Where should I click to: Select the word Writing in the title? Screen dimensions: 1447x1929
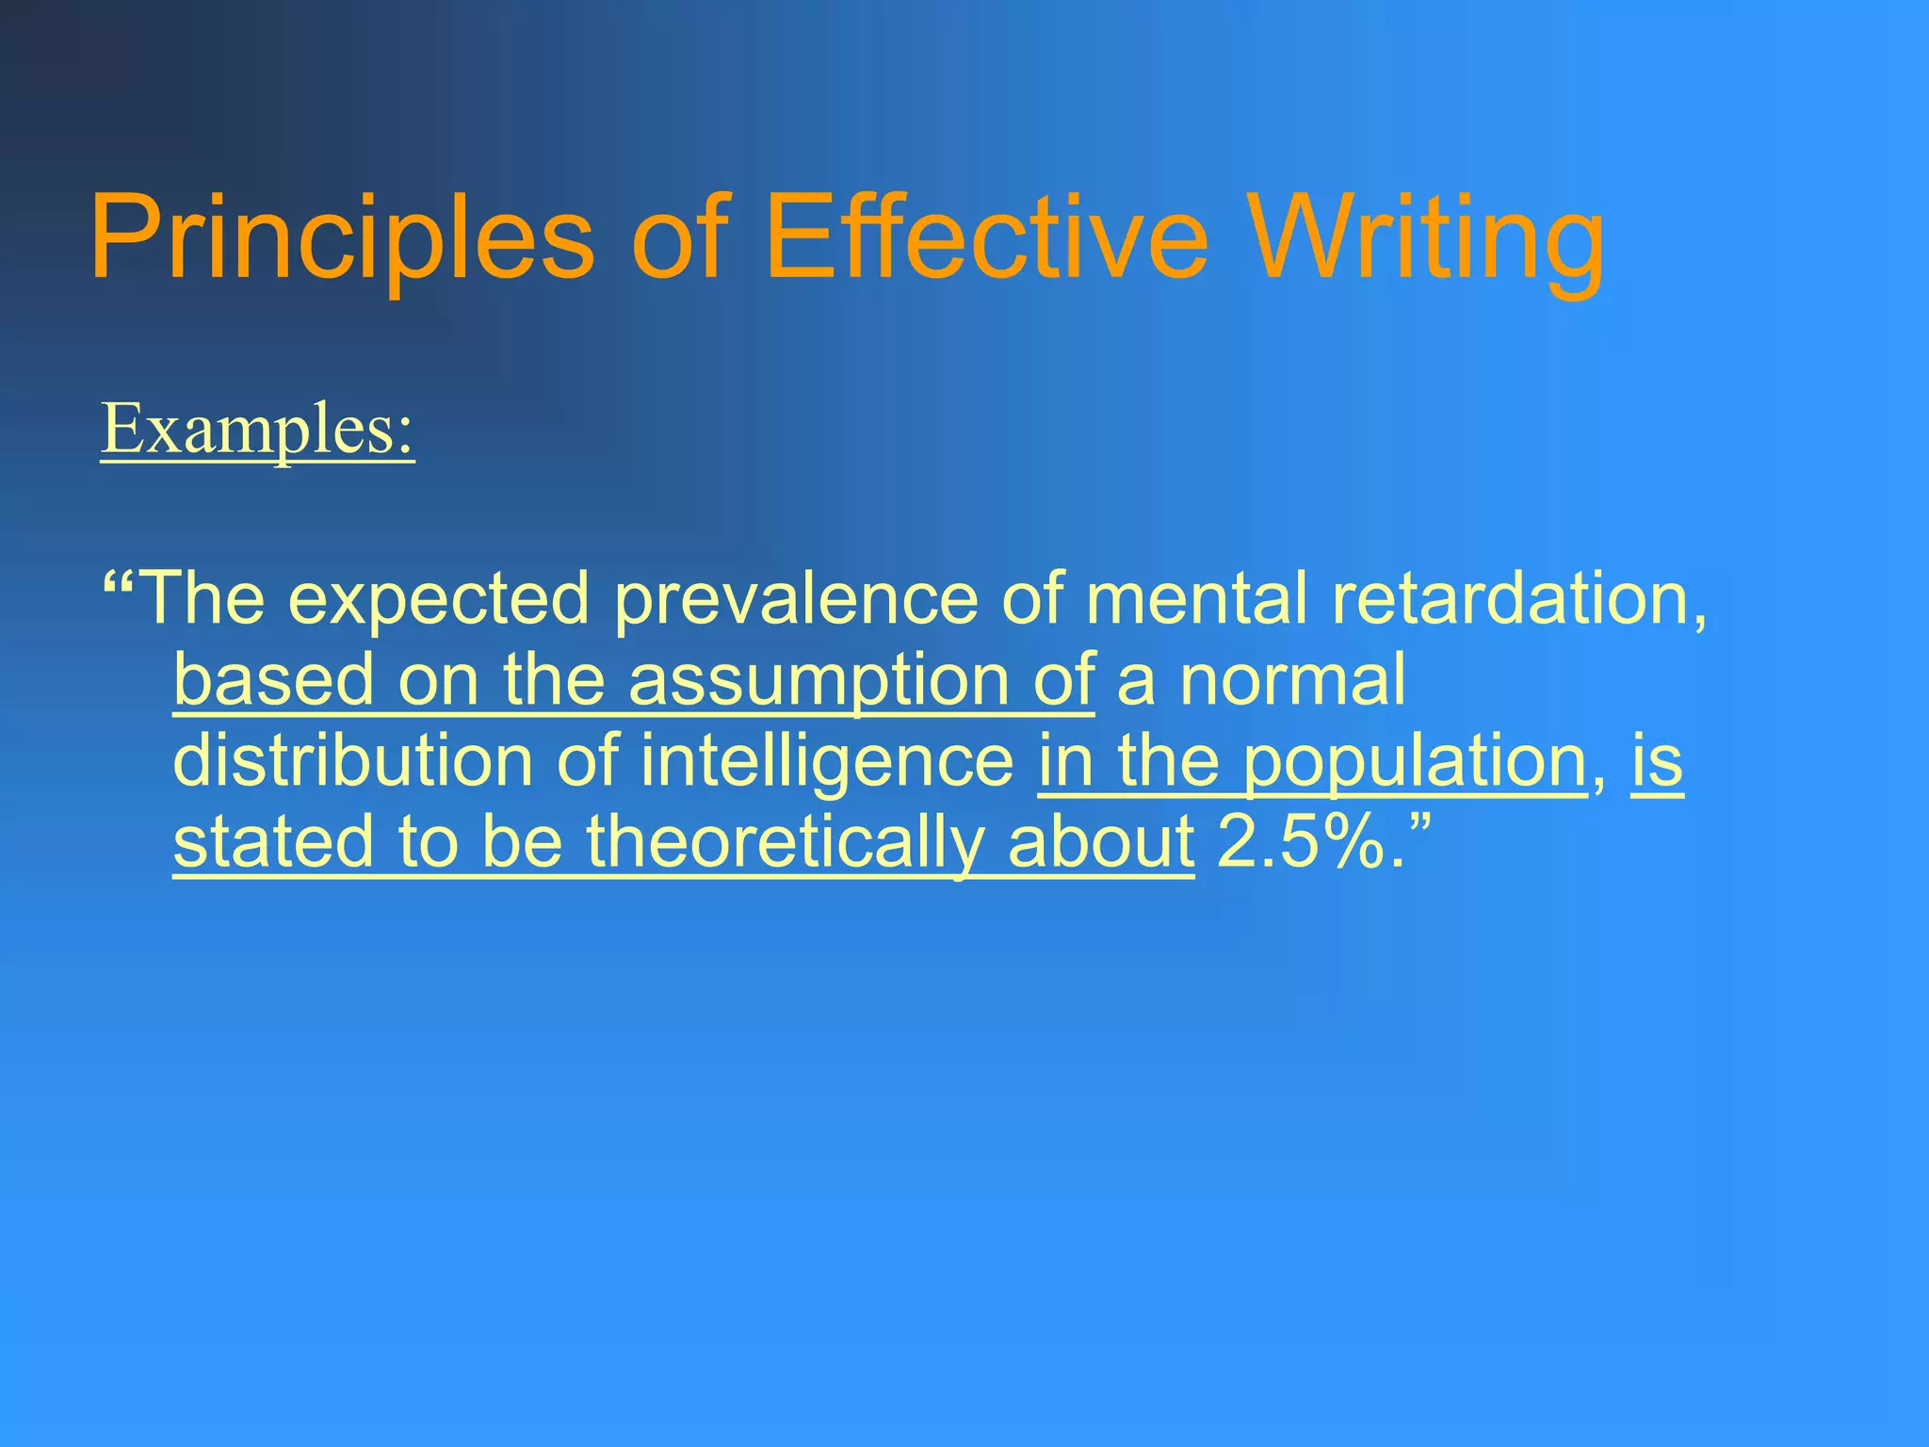(x=1428, y=237)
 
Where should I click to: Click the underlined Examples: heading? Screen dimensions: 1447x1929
(x=257, y=430)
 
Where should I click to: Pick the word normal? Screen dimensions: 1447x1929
(x=1292, y=679)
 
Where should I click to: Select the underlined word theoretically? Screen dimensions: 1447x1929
(x=785, y=841)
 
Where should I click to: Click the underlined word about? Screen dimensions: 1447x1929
(x=1100, y=841)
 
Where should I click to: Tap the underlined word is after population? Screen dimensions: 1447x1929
(x=1657, y=760)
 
